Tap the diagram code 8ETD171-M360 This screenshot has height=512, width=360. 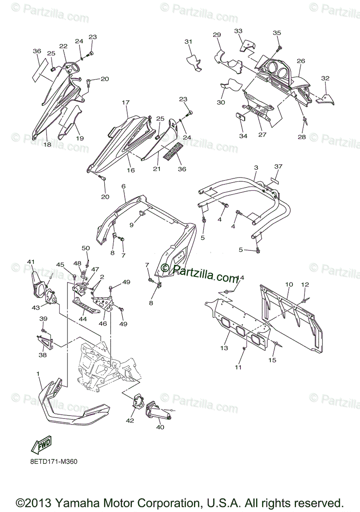click(54, 462)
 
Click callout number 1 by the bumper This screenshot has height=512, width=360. click(38, 374)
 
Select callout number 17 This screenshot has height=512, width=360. click(126, 102)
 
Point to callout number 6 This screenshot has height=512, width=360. click(123, 186)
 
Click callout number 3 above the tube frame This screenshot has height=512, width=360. click(256, 168)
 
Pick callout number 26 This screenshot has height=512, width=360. click(301, 61)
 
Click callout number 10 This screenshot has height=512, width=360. click(289, 284)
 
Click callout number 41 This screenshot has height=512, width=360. click(30, 262)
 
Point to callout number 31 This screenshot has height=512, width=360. click(188, 41)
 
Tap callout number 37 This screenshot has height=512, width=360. click(278, 166)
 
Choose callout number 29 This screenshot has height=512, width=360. click(217, 35)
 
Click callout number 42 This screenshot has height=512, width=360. click(130, 421)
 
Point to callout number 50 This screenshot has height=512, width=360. click(86, 248)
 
